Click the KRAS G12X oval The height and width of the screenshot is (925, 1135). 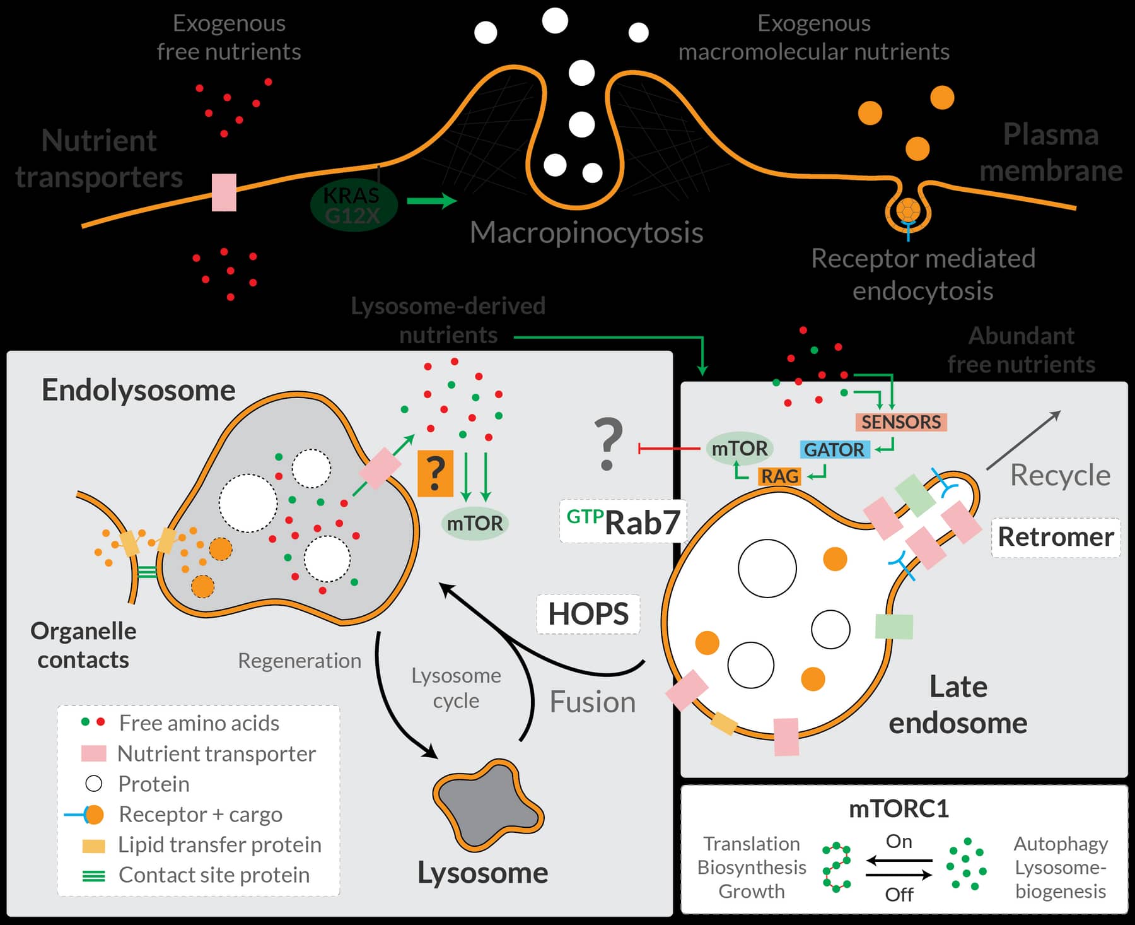(353, 205)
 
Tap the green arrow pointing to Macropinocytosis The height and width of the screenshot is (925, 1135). (432, 201)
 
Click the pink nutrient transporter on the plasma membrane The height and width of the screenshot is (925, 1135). (224, 192)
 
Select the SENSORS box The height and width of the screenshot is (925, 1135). (900, 422)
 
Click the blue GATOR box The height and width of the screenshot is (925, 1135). (834, 450)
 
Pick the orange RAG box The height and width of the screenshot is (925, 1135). (779, 476)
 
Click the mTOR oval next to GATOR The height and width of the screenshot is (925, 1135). (739, 449)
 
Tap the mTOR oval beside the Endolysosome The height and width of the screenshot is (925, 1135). (474, 523)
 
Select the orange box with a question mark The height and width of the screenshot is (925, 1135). (435, 473)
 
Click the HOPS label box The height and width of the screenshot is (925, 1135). (588, 614)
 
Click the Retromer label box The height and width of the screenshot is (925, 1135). (1056, 537)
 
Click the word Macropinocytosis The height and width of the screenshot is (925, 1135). (586, 233)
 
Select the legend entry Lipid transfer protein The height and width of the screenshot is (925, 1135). (219, 845)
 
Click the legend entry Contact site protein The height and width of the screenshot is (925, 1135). (214, 875)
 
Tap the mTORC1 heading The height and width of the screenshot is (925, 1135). (899, 809)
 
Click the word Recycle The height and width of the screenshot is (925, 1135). (1060, 475)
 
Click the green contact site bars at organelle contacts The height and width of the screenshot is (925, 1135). (146, 572)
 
